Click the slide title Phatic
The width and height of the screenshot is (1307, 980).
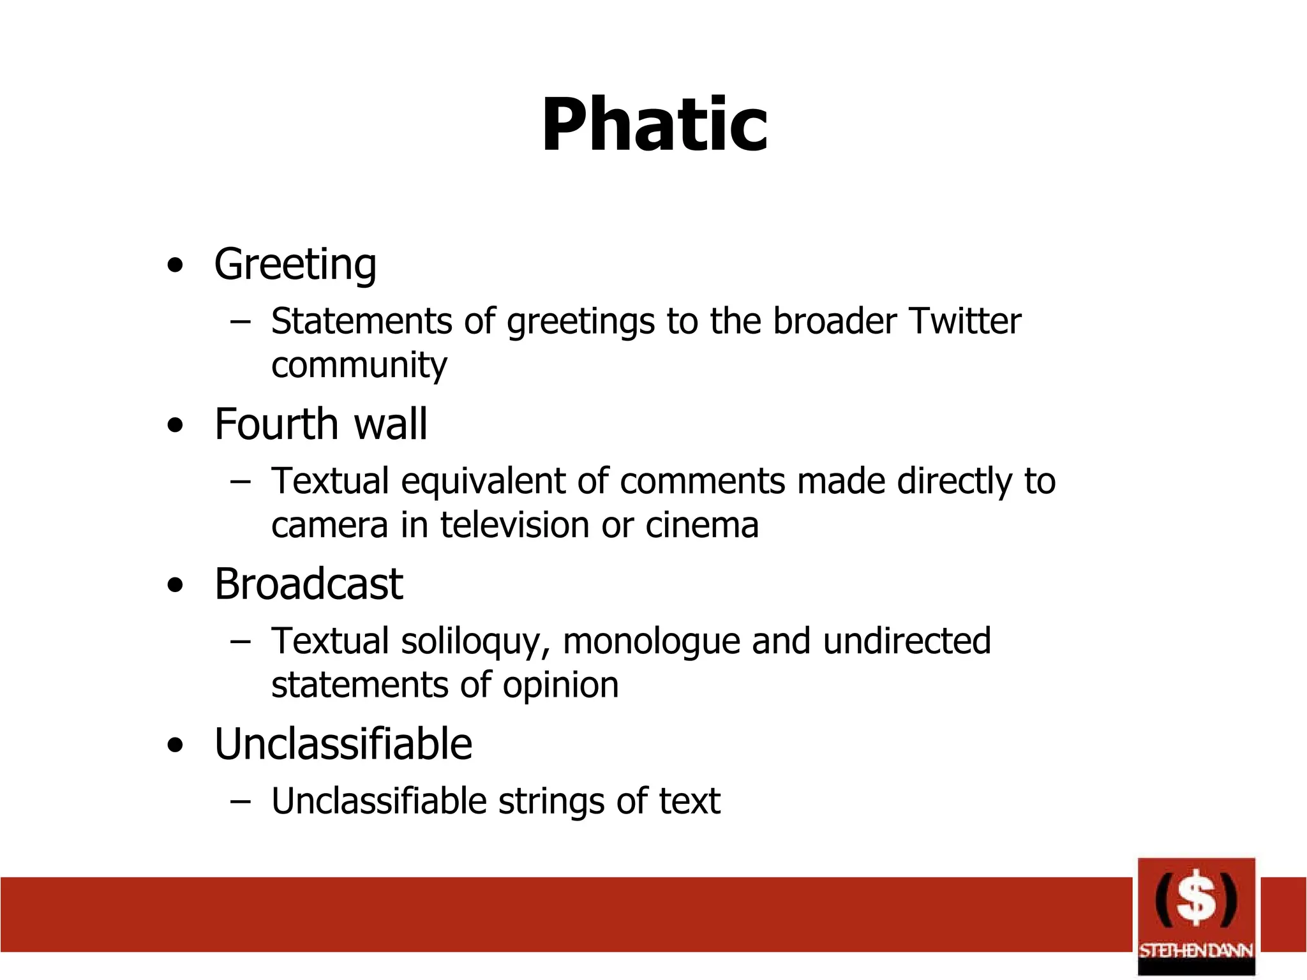(x=654, y=125)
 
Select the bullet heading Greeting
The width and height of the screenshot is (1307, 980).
(x=295, y=264)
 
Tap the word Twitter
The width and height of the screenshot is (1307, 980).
(x=964, y=321)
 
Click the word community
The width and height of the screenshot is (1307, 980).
(x=359, y=366)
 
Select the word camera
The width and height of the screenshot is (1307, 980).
(x=329, y=526)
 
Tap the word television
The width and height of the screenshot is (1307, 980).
(x=514, y=526)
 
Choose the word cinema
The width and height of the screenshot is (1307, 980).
(x=702, y=526)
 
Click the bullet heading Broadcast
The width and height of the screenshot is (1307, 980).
(x=308, y=584)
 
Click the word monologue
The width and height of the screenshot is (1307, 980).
(x=651, y=642)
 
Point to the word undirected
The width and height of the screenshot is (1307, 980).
(x=906, y=641)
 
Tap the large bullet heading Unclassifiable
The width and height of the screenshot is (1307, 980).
(x=343, y=745)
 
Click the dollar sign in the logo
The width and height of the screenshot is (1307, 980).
(x=1196, y=900)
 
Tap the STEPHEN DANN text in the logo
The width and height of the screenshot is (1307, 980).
(x=1196, y=951)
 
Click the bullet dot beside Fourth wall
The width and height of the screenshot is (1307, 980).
(x=175, y=426)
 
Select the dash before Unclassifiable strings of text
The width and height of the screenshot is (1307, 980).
(x=240, y=802)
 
